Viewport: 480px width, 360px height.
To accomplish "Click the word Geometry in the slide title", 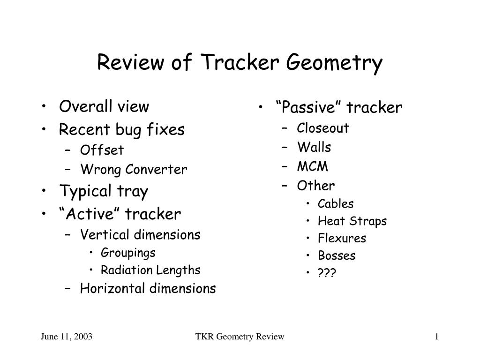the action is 334,63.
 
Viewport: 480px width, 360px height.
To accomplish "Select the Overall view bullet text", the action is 104,106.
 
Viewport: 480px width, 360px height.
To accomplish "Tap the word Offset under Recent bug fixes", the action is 102,150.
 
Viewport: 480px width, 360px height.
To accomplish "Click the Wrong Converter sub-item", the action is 134,169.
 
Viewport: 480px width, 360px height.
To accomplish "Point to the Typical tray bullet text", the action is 104,191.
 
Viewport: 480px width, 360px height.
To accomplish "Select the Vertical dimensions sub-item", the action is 140,235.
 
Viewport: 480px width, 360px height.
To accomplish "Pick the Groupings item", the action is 128,253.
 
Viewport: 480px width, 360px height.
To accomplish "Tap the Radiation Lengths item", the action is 150,270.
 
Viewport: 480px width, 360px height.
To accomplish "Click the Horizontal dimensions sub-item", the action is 148,288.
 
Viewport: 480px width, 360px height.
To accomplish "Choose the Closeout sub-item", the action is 323,128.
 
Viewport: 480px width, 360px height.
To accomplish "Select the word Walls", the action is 314,147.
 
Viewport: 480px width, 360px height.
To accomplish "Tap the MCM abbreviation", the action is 312,166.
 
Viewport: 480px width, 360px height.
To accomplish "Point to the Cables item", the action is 336,203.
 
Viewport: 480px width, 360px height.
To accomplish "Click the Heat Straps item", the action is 352,221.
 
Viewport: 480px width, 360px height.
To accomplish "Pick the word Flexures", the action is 342,238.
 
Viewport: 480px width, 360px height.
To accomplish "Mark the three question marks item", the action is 327,272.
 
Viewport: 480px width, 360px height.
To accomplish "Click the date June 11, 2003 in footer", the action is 67,337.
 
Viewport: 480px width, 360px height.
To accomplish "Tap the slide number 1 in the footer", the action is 437,337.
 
